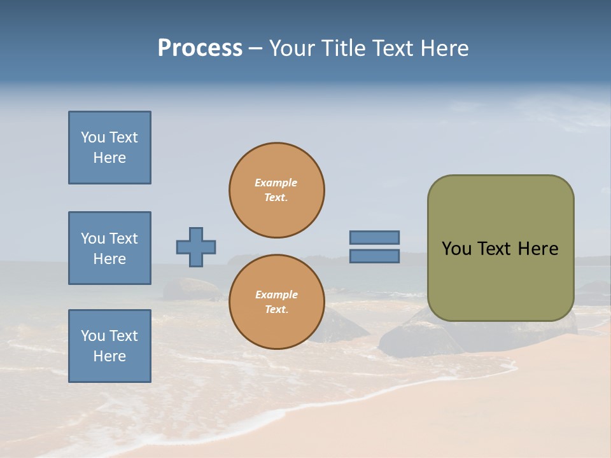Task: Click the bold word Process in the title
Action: tap(200, 48)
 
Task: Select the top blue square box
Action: tap(109, 148)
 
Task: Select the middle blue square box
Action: tap(109, 248)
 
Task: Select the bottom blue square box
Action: tap(109, 346)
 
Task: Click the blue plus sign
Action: tap(196, 247)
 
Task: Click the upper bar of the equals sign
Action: tap(374, 237)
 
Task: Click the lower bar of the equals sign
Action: tap(374, 256)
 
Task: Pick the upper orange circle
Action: tap(277, 190)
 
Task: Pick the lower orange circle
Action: tap(277, 302)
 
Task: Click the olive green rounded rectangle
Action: tap(500, 248)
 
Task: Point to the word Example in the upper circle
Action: tap(276, 183)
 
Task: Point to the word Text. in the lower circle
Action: tap(276, 310)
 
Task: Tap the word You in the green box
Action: tap(456, 249)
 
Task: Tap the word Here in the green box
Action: tap(538, 249)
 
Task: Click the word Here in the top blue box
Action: tap(109, 158)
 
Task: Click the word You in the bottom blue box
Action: tap(93, 336)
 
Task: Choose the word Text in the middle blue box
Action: tap(123, 239)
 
